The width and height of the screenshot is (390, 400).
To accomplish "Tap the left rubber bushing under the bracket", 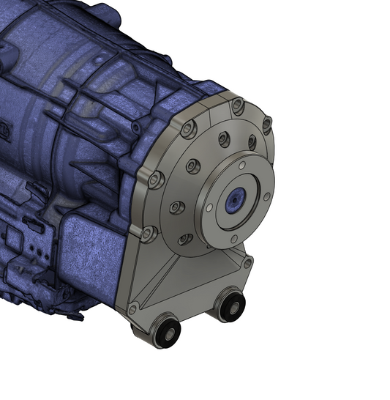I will (168, 333).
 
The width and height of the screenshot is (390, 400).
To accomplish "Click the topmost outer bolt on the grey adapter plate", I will (237, 108).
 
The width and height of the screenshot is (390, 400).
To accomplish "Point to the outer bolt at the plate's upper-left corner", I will (188, 129).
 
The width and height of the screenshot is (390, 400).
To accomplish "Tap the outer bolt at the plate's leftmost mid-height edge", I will (154, 178).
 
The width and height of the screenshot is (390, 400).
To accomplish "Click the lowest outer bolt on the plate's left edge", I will (149, 234).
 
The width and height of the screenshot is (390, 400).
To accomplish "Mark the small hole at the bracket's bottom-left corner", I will (132, 309).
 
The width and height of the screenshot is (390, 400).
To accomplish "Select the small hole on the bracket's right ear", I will (248, 262).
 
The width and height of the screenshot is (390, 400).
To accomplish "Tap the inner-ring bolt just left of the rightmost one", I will (224, 138).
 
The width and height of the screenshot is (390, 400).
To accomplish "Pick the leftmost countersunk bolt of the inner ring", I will (176, 207).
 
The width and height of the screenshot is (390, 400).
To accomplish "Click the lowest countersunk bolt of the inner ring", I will (186, 239).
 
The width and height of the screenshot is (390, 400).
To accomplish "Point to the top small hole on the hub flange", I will (241, 165).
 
